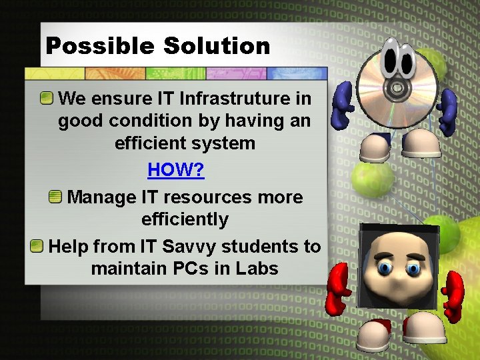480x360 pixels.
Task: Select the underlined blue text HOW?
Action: coord(176,170)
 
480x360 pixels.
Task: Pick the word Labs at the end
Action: coord(256,269)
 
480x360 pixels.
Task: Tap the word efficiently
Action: coord(185,219)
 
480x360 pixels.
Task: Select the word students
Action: coord(260,247)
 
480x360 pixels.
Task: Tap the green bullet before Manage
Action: coord(56,197)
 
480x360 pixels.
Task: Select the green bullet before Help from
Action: coord(37,247)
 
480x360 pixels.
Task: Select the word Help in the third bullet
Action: coord(69,247)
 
